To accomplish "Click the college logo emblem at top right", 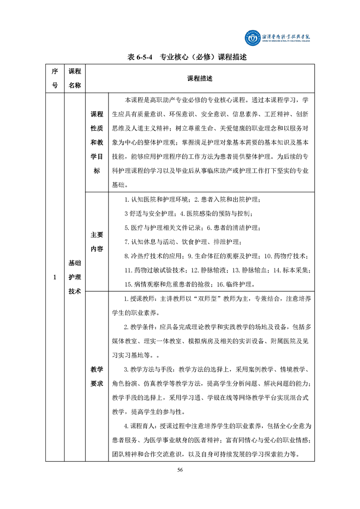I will click(x=251, y=38).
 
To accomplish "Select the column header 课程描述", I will click(x=199, y=78).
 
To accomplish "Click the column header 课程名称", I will click(x=74, y=78).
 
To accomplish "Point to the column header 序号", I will click(x=55, y=78).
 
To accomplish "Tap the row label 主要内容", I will click(x=97, y=242).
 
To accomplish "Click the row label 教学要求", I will click(x=97, y=376).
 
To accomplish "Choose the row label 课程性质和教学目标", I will click(x=97, y=142).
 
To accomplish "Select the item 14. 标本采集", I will click(x=292, y=270).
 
